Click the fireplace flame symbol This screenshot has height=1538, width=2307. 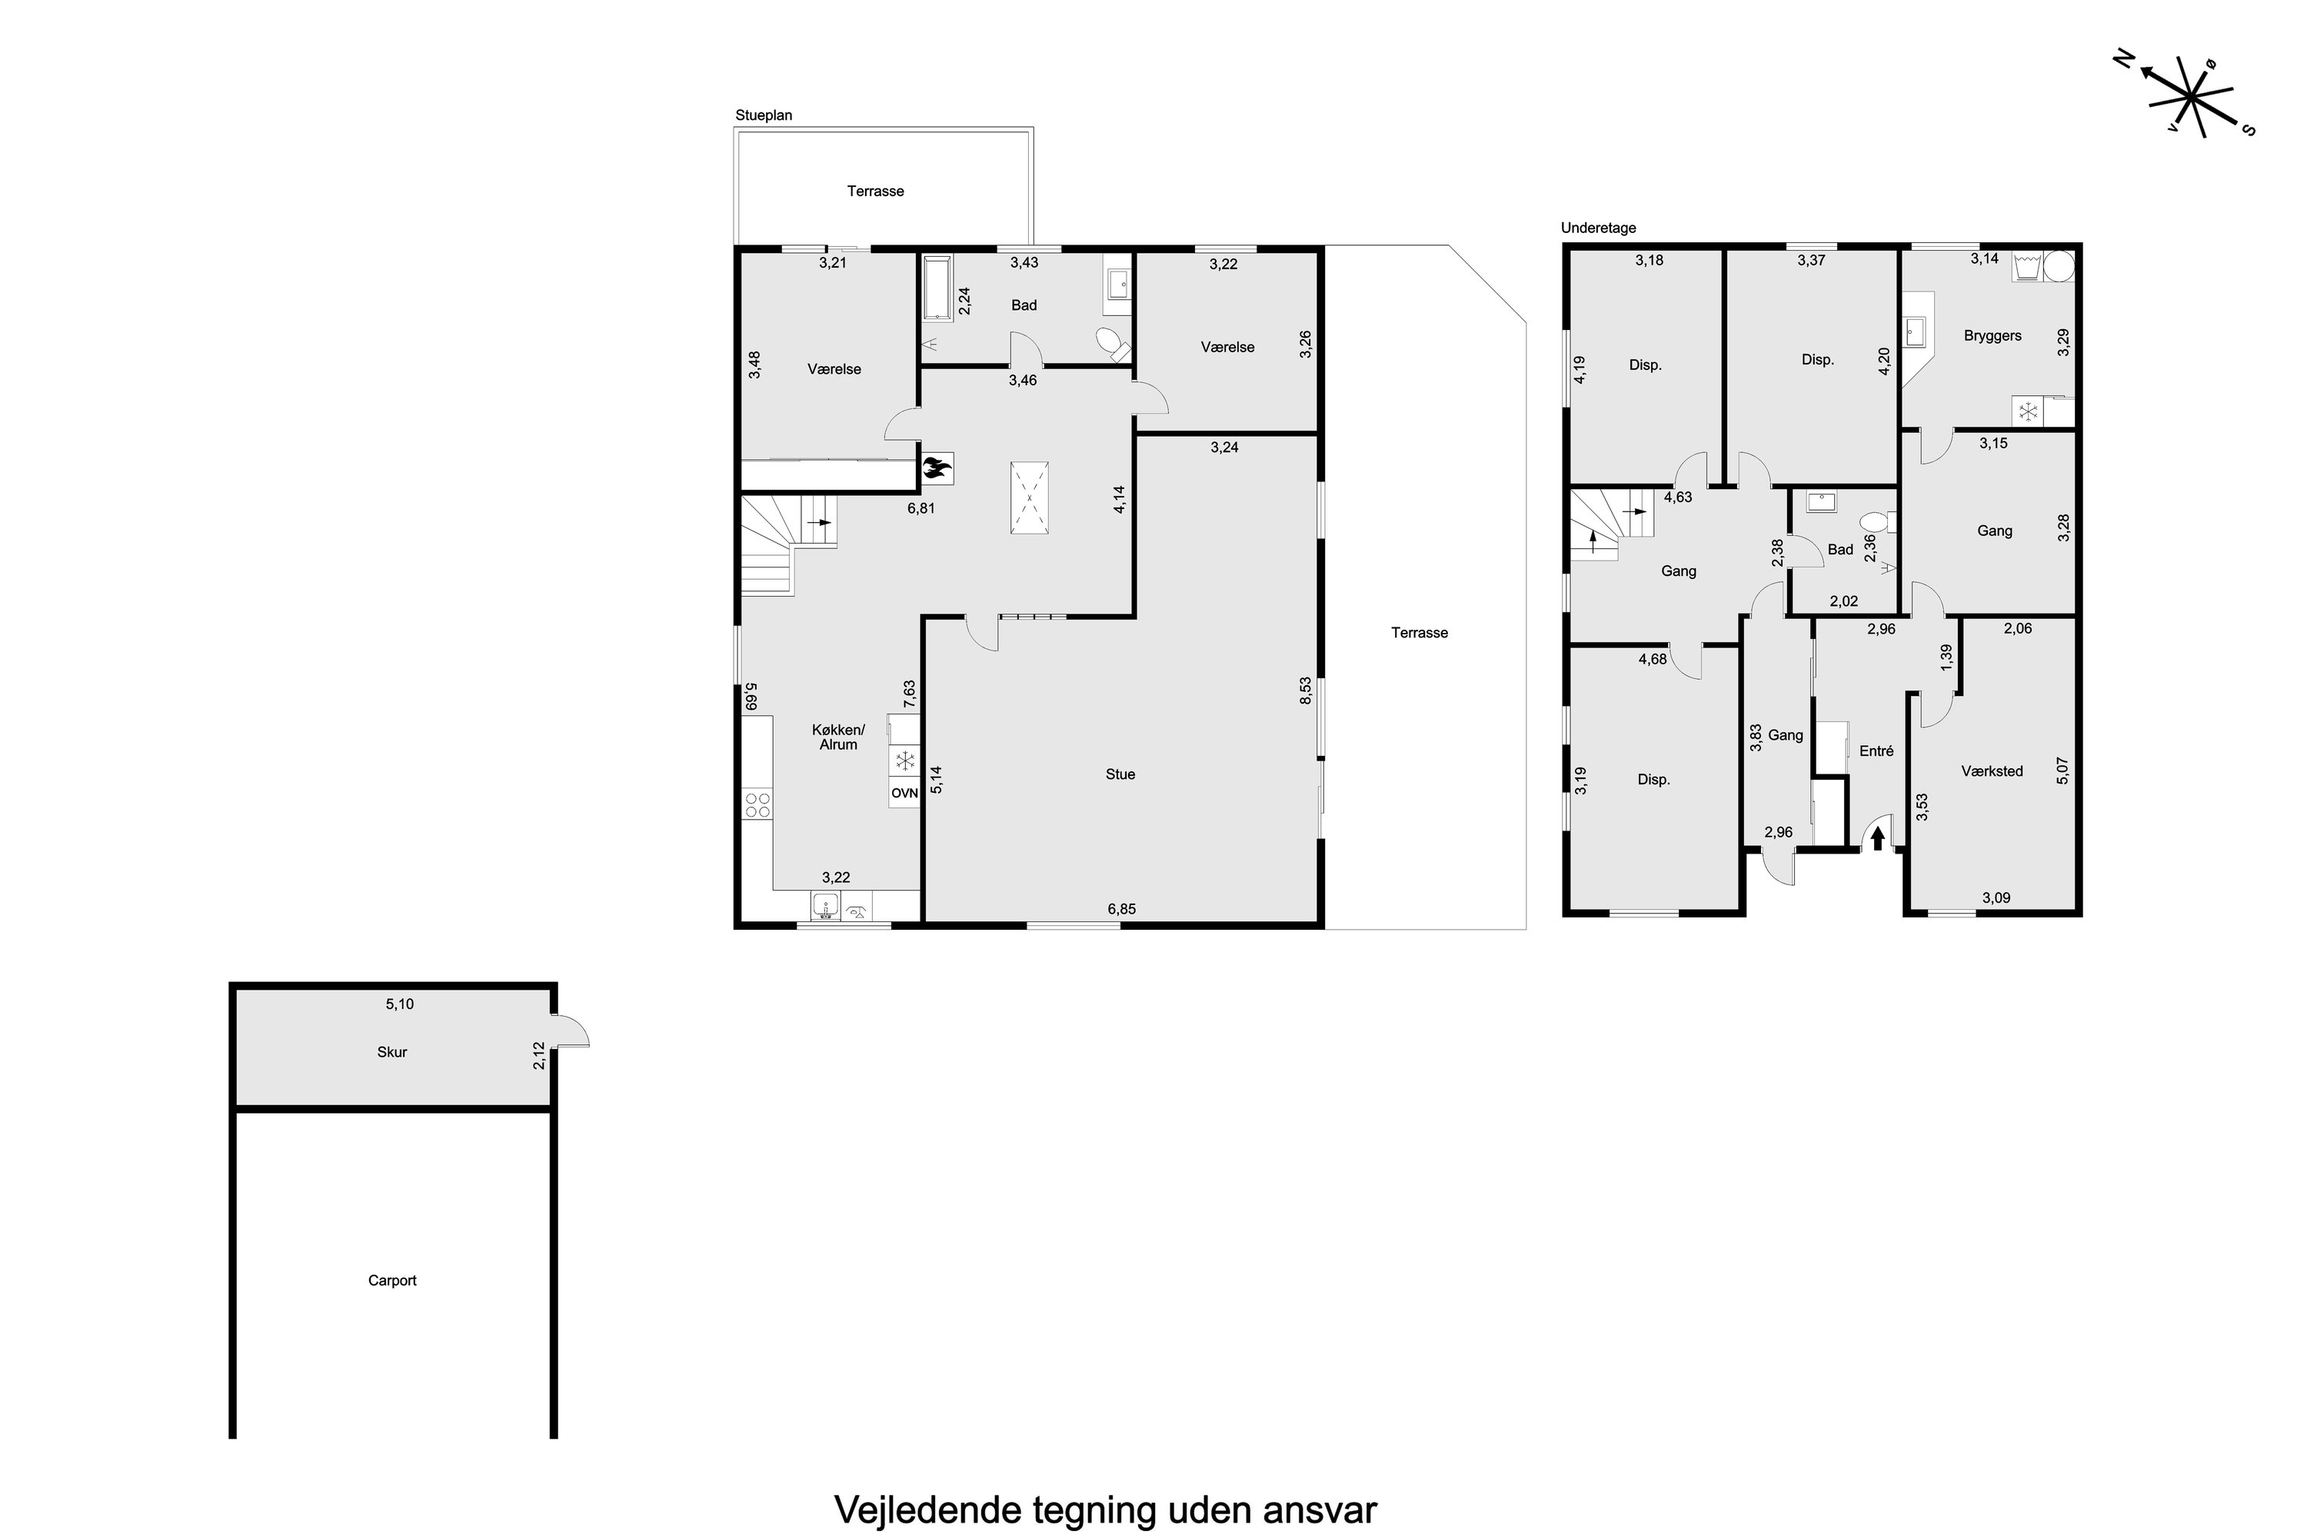click(x=937, y=468)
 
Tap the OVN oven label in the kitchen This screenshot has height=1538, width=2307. click(x=904, y=794)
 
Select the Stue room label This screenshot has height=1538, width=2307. click(x=1120, y=774)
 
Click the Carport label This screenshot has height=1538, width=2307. click(x=392, y=1280)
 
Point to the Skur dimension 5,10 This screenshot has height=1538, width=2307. click(x=399, y=1004)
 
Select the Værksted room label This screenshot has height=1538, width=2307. click(x=1992, y=771)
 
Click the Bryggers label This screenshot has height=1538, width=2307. click(x=1992, y=335)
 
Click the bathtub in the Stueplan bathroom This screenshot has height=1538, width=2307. click(x=937, y=288)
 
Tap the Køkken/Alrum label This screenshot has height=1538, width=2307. click(x=839, y=737)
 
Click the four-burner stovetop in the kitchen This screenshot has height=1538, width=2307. click(x=757, y=805)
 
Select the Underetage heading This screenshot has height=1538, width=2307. click(x=1599, y=228)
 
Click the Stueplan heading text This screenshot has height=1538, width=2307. click(x=764, y=115)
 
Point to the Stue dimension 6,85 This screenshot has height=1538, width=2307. click(x=1121, y=909)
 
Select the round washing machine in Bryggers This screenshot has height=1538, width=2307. click(x=2061, y=267)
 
